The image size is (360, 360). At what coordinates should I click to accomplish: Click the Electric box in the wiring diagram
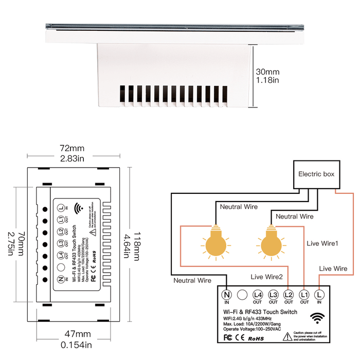(x=316, y=174)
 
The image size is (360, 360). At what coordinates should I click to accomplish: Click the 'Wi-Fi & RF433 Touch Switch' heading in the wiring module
(x=260, y=312)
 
